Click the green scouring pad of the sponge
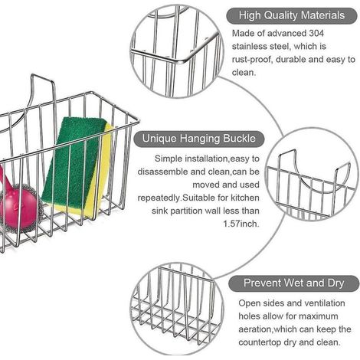[75, 161]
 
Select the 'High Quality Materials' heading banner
[292, 15]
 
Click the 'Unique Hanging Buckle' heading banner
[199, 139]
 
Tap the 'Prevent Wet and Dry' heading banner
[293, 283]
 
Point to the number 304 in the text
[316, 34]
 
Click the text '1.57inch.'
[241, 224]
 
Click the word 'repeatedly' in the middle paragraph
[159, 198]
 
